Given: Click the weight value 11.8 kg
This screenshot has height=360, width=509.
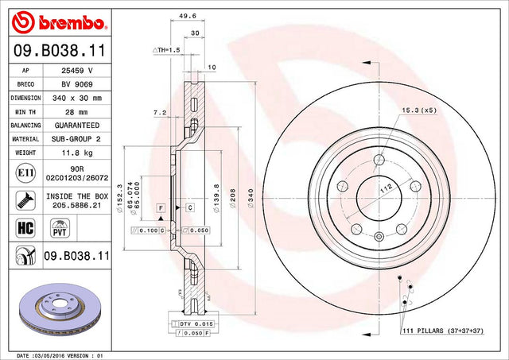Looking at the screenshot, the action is tap(77, 153).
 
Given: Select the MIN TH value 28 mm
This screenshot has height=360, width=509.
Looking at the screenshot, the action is tap(76, 112).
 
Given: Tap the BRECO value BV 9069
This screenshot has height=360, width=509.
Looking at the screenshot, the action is tap(77, 84).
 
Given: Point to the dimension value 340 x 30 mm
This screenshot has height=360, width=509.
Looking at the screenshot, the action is tap(77, 98).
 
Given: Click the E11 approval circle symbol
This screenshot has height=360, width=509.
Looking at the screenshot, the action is tap(25, 173).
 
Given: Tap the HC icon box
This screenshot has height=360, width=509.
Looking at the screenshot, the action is tap(25, 227).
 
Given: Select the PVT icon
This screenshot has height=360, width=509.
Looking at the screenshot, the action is tap(60, 228).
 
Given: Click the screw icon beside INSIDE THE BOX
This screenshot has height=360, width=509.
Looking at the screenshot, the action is tap(25, 200).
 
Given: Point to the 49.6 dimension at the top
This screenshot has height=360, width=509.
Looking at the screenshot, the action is tap(188, 16).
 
